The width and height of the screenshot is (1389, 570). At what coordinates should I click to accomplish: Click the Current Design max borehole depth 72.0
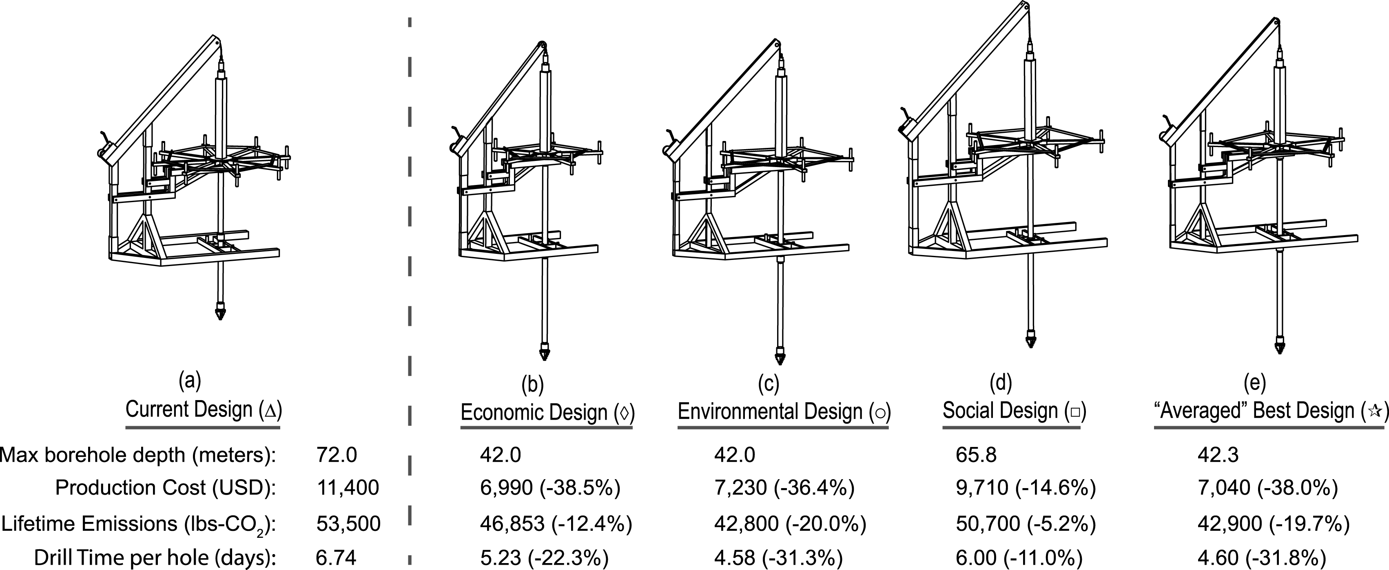coord(337,455)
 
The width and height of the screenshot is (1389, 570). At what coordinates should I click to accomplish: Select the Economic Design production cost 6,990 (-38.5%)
coord(550,488)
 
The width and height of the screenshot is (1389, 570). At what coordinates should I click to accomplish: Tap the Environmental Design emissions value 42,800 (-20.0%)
coord(790,523)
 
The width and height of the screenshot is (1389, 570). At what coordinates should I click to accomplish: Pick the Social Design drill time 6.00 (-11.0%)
coord(1026,557)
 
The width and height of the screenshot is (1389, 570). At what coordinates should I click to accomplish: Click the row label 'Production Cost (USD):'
coord(166,488)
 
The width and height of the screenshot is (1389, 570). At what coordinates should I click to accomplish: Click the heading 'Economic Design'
coord(534,412)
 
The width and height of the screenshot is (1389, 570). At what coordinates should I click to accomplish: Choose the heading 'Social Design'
coord(1000,411)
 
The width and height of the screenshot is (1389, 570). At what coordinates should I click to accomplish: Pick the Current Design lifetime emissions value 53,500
coord(348,523)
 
